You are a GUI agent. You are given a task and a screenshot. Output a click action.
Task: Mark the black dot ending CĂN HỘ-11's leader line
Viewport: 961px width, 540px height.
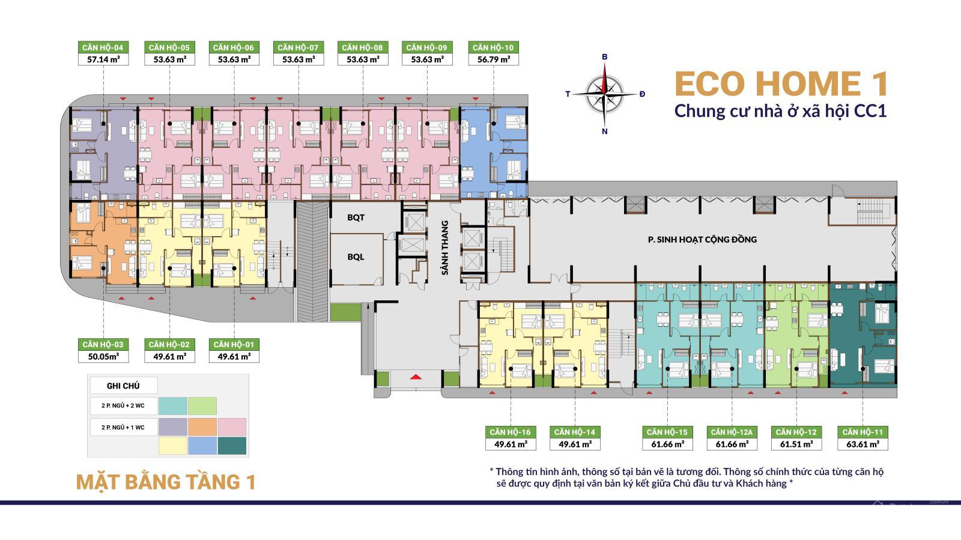pyautogui.click(x=862, y=369)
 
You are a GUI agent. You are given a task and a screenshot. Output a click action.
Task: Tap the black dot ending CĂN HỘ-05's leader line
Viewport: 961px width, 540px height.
pyautogui.click(x=170, y=124)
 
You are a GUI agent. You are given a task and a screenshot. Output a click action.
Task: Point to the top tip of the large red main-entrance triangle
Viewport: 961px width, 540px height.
pyautogui.click(x=415, y=374)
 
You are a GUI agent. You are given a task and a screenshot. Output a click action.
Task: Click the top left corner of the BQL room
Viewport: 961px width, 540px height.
pyautogui.click(x=331, y=234)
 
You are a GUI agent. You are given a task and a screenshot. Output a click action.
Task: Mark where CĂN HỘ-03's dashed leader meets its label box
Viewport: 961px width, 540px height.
pyautogui.click(x=103, y=339)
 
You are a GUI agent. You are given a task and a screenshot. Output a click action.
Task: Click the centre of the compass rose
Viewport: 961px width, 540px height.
pyautogui.click(x=604, y=94)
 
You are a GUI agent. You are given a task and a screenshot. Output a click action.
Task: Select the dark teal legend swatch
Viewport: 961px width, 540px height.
pyautogui.click(x=232, y=446)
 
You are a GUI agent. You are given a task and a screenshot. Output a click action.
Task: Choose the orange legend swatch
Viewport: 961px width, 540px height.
pyautogui.click(x=202, y=426)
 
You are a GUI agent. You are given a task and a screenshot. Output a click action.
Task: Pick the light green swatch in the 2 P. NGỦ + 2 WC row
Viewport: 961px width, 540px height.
pyautogui.click(x=202, y=406)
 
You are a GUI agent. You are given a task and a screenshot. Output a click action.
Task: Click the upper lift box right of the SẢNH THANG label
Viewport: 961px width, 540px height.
pyautogui.click(x=472, y=238)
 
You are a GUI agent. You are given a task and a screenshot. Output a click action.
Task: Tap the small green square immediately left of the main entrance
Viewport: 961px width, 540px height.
pyautogui.click(x=381, y=379)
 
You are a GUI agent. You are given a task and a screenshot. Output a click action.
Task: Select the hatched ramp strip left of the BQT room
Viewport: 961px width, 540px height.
pyautogui.click(x=312, y=262)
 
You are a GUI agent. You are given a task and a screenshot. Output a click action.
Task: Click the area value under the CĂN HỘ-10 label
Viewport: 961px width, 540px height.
pyautogui.click(x=493, y=59)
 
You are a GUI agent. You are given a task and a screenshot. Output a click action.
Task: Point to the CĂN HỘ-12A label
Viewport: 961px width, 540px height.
pyautogui.click(x=732, y=432)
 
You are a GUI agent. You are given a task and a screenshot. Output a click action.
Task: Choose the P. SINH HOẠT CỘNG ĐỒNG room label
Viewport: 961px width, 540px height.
pyautogui.click(x=702, y=240)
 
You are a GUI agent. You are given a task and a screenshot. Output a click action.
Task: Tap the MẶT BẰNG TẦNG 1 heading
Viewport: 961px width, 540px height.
pyautogui.click(x=166, y=482)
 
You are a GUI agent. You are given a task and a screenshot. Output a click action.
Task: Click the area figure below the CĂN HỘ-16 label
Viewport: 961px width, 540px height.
pyautogui.click(x=511, y=444)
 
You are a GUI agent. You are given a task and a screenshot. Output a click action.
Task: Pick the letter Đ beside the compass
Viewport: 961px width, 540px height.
pyautogui.click(x=642, y=94)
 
